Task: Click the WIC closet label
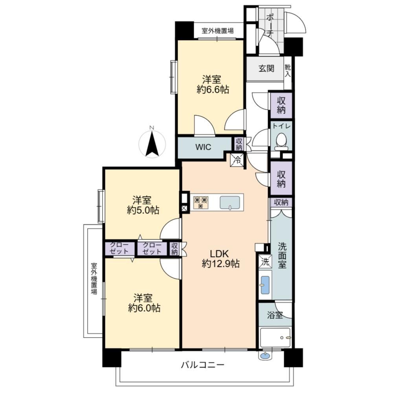(203, 147)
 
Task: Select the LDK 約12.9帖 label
(220, 259)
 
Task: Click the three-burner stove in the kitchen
(201, 202)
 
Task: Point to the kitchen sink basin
(230, 202)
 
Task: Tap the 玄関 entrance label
(266, 68)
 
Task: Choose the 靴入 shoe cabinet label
(288, 71)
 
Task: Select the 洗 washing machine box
(265, 262)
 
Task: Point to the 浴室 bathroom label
(275, 315)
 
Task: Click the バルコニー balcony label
(202, 364)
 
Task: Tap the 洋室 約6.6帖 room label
(213, 84)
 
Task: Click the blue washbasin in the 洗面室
(265, 285)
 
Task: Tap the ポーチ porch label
(270, 25)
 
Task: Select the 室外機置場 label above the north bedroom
(218, 31)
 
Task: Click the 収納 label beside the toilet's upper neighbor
(281, 105)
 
